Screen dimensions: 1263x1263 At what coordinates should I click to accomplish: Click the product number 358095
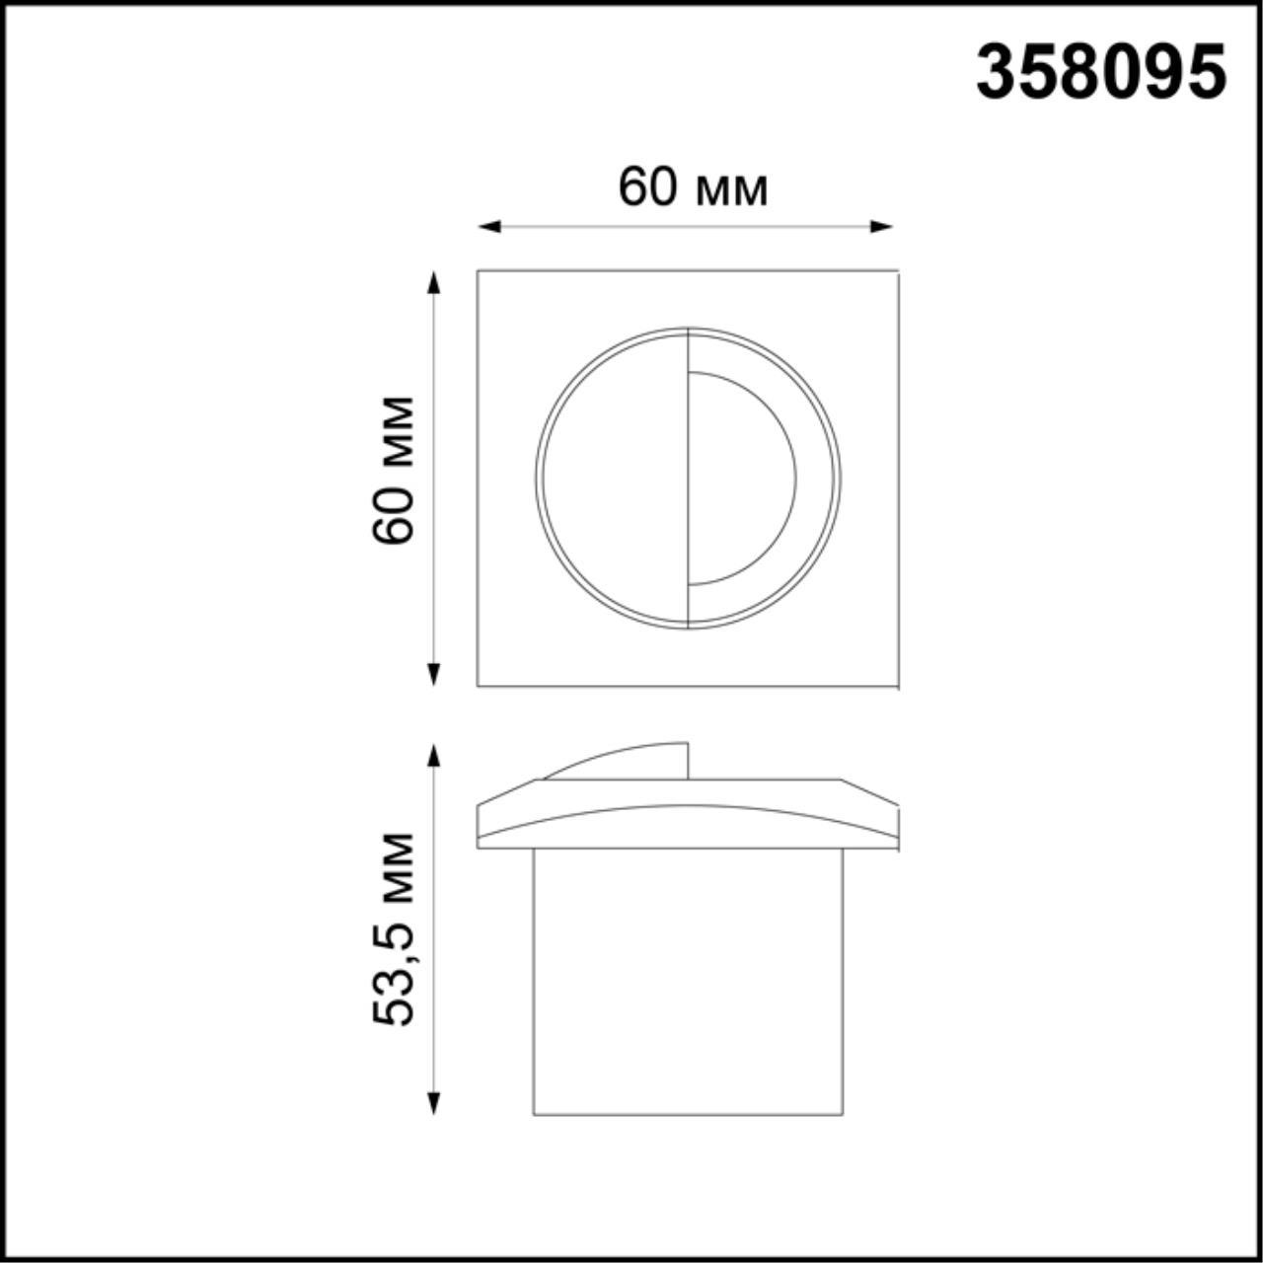(x=1101, y=73)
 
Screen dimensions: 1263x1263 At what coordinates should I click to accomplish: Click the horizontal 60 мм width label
(x=693, y=186)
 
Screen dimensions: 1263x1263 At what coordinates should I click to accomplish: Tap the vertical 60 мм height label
(x=394, y=469)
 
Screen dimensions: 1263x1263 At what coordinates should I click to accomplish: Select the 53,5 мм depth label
(x=394, y=929)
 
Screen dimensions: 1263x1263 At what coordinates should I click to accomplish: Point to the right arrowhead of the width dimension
(x=884, y=227)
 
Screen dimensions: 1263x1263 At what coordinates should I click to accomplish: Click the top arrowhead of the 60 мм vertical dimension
(x=432, y=280)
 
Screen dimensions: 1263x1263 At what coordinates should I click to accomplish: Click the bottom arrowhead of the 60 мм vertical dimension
(x=432, y=676)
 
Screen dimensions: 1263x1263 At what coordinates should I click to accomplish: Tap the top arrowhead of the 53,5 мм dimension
(x=432, y=753)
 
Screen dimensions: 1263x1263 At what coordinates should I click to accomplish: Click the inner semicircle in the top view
(x=740, y=479)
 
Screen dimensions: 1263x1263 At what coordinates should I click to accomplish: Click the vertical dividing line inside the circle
(x=688, y=479)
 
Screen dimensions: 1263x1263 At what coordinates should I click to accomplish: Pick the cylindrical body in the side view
(x=688, y=982)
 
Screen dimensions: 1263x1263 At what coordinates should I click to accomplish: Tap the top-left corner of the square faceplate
(x=479, y=271)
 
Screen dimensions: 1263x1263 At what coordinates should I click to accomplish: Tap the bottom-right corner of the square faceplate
(x=896, y=686)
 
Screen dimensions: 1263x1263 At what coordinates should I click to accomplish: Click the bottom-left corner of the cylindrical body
(x=534, y=1114)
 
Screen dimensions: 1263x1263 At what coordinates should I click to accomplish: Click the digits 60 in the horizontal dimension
(x=646, y=186)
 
